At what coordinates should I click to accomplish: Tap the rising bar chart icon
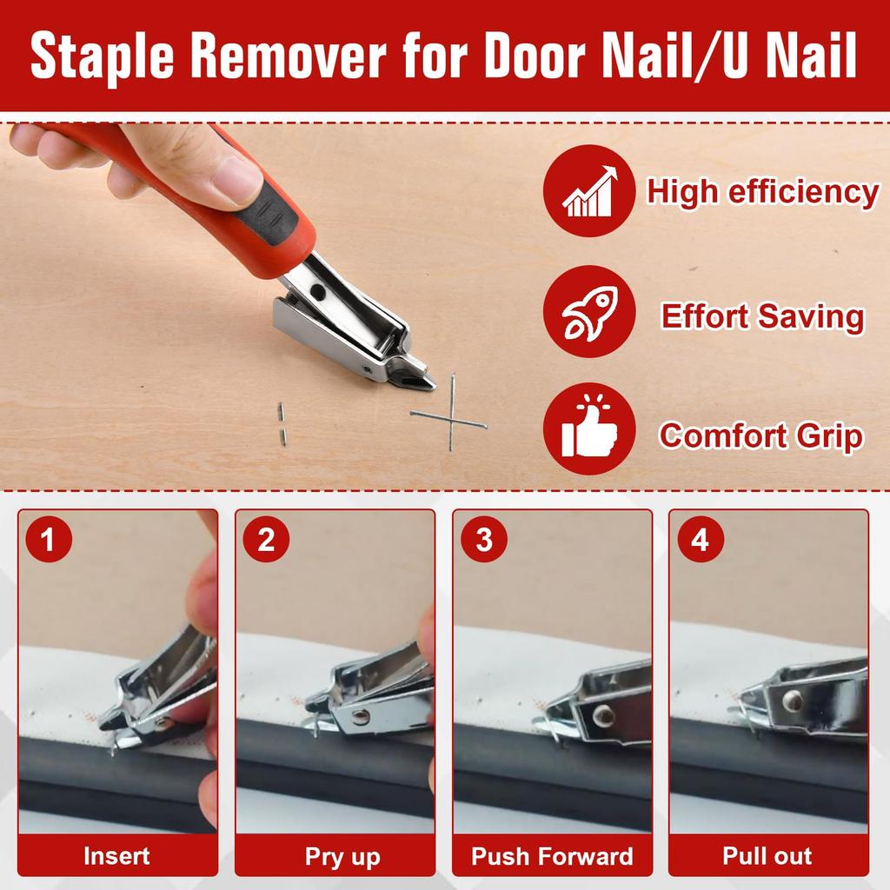(589, 190)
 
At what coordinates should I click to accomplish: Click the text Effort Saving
(762, 316)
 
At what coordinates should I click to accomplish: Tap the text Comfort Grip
(760, 435)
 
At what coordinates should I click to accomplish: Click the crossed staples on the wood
(450, 419)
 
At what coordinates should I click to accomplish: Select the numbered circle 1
(48, 540)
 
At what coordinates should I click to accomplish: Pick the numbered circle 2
(266, 540)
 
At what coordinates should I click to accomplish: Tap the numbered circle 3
(483, 540)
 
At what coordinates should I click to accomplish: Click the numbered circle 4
(700, 540)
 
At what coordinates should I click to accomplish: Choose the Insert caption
(116, 856)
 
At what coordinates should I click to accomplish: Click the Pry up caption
(342, 857)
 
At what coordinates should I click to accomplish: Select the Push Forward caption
(552, 856)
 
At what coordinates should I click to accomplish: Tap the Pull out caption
(767, 856)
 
